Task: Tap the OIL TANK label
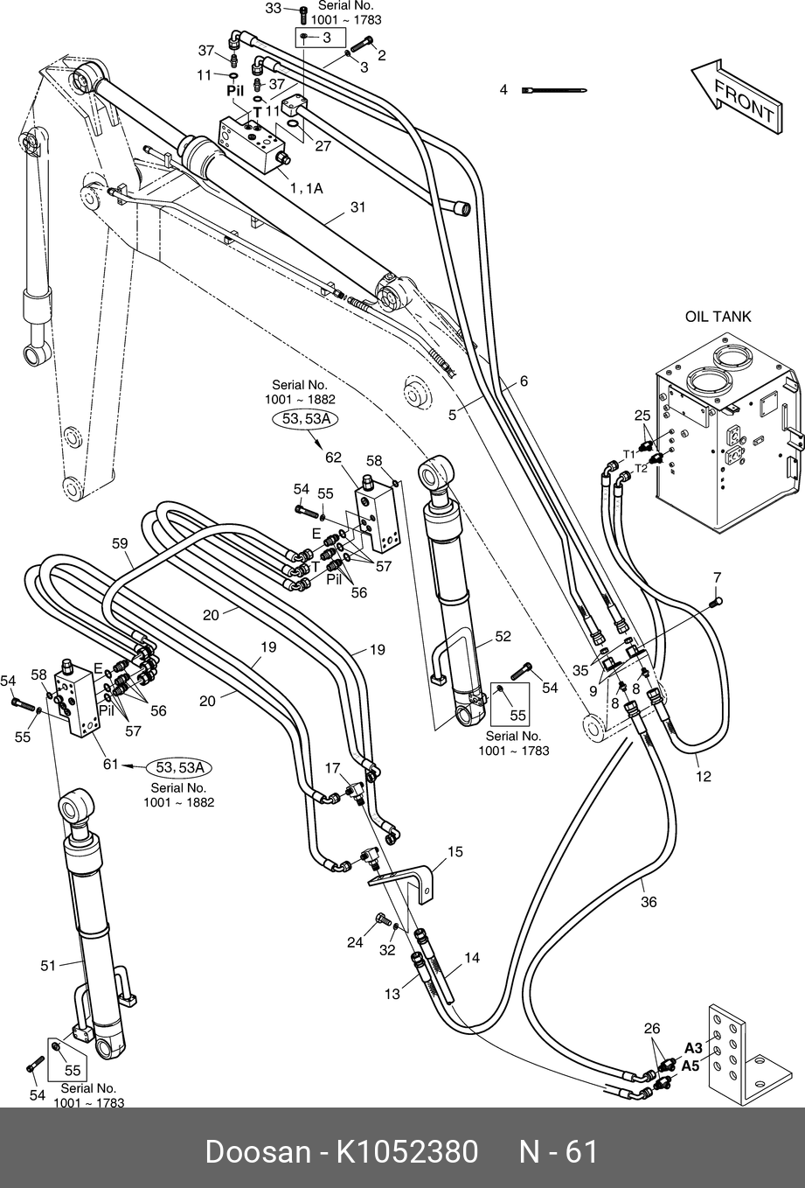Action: point(718,317)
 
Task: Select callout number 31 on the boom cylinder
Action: point(357,207)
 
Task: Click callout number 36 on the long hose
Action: point(648,902)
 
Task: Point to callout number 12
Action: point(704,776)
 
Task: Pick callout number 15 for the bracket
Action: point(455,851)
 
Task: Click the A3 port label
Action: point(693,1048)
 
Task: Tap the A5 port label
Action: point(690,1066)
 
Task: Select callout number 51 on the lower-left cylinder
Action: point(48,966)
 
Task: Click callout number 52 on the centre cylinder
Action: point(503,637)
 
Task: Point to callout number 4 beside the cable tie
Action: point(503,90)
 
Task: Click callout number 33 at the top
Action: point(273,9)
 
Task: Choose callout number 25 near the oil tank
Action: point(642,415)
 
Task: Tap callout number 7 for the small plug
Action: point(717,577)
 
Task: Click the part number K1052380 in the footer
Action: point(403,1152)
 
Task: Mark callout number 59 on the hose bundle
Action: point(121,543)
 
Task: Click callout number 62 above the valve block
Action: point(333,458)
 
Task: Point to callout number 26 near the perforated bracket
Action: point(652,1029)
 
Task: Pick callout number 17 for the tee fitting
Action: point(333,768)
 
